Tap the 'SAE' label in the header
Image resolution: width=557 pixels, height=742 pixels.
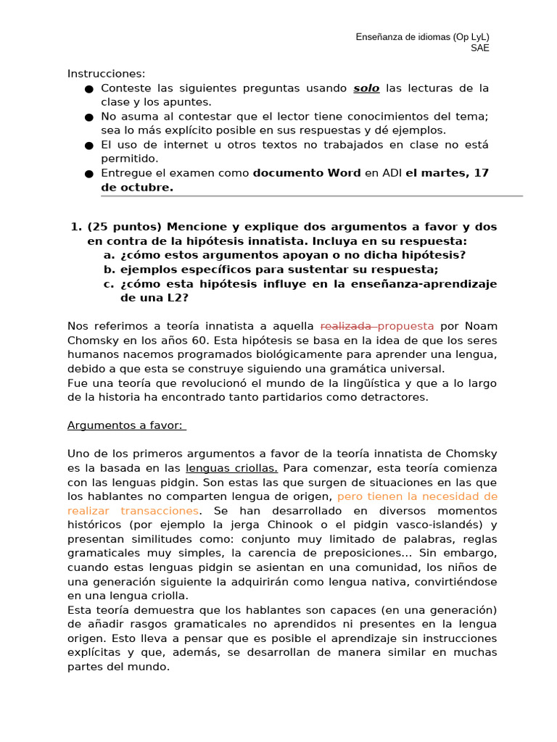coord(479,49)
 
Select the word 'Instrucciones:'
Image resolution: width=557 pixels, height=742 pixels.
coord(107,74)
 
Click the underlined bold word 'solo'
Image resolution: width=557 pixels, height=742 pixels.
coord(366,88)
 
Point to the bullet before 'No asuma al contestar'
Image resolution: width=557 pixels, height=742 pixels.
coord(88,117)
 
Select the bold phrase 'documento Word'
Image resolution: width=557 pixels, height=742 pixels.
coord(306,172)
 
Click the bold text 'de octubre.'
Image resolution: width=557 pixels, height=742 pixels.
coord(137,187)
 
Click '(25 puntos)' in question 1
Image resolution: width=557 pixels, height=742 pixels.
coord(123,227)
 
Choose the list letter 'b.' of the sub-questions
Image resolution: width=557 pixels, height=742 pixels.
coord(110,269)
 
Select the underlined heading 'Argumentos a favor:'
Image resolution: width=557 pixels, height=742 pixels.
coord(126,425)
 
